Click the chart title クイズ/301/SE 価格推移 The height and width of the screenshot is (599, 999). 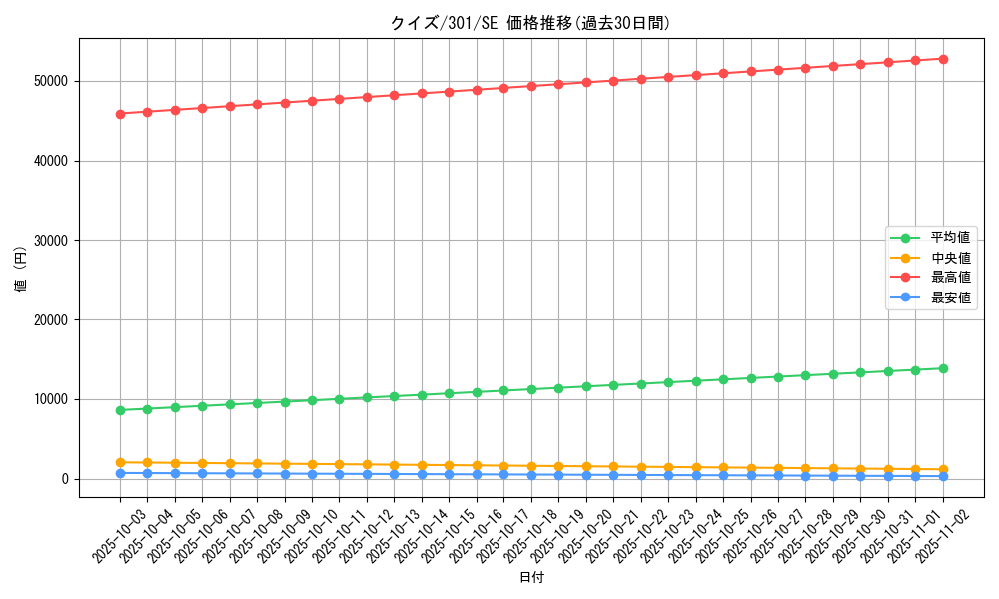pyautogui.click(x=529, y=23)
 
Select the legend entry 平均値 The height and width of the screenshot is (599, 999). pyautogui.click(x=950, y=238)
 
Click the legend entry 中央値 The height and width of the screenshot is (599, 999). pyautogui.click(x=950, y=258)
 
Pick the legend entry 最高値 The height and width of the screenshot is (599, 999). pyautogui.click(x=950, y=278)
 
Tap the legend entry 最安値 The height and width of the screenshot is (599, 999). pyautogui.click(x=950, y=298)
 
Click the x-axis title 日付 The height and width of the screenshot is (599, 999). pyautogui.click(x=531, y=578)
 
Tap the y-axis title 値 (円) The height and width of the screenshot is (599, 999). pyautogui.click(x=21, y=270)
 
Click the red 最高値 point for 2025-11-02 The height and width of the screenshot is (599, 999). pyautogui.click(x=943, y=59)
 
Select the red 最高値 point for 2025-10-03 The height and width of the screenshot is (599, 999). pyautogui.click(x=120, y=114)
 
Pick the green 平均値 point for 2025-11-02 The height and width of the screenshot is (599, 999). pyautogui.click(x=943, y=368)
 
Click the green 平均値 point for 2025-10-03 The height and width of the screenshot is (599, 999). pyautogui.click(x=120, y=410)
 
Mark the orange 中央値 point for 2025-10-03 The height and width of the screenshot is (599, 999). pyautogui.click(x=120, y=462)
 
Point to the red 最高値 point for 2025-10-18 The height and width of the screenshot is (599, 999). pyautogui.click(x=531, y=86)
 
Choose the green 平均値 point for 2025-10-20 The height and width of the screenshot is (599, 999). pyautogui.click(x=586, y=386)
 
